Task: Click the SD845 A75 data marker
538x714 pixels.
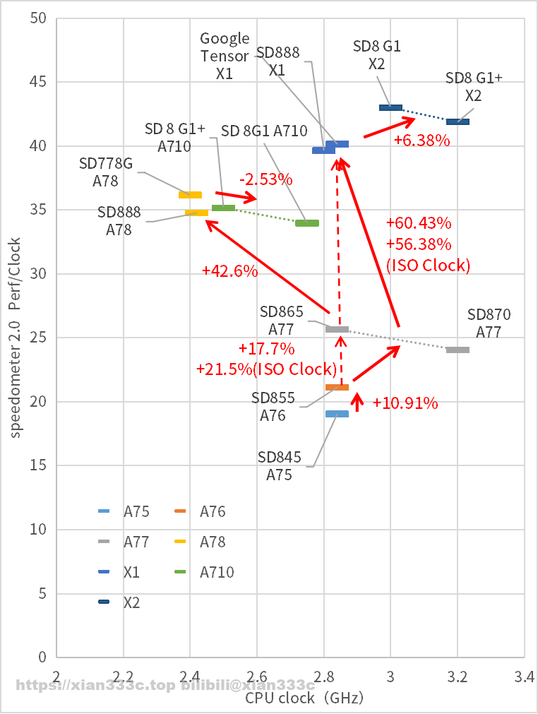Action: click(337, 414)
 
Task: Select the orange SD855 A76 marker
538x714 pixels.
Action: click(337, 387)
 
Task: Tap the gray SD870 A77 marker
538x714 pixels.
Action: click(458, 350)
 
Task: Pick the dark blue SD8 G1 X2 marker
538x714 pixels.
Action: click(390, 107)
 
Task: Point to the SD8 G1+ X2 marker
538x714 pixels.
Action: click(458, 121)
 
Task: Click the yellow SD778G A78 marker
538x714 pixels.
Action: click(190, 195)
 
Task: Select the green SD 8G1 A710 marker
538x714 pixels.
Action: click(307, 223)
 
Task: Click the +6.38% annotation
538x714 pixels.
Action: click(422, 141)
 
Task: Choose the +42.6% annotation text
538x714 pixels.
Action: click(229, 270)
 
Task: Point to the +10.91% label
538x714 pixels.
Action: click(405, 404)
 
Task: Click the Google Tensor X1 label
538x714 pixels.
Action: click(225, 55)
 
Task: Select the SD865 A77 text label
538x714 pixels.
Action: click(281, 320)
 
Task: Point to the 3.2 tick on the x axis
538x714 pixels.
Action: click(458, 677)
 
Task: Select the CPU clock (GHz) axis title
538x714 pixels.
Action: click(304, 698)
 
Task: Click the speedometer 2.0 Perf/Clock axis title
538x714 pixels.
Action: click(15, 337)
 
